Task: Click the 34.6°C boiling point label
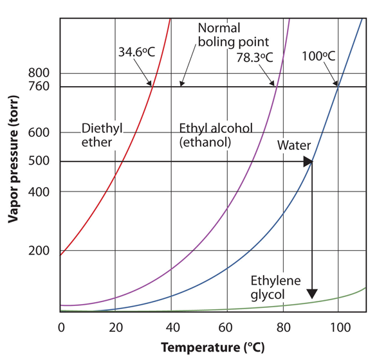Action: pos(135,50)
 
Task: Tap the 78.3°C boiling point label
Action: pos(255,57)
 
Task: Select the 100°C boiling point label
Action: pos(318,56)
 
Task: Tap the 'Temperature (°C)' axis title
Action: pos(212,347)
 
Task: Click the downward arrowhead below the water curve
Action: pos(312,294)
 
